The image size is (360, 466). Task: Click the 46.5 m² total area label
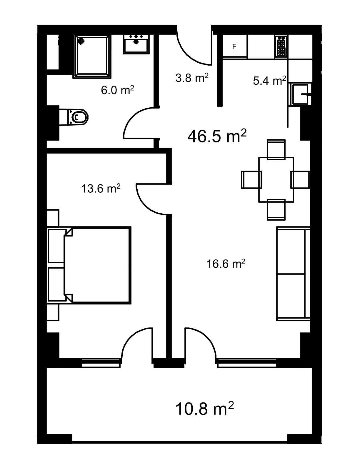coord(217,136)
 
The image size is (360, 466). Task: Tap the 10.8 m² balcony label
coord(204,408)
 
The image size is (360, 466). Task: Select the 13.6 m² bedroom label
coord(101,189)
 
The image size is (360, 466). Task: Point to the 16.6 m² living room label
coord(226,264)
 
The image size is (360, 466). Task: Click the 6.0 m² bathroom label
coord(117,90)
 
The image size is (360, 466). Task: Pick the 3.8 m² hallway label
coord(192,78)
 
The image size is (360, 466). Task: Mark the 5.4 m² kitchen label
coord(269,81)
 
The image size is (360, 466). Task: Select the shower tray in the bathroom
coord(92,56)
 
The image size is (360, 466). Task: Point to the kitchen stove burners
coord(281,46)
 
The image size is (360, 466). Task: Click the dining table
coord(276,179)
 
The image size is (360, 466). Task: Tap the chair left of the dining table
coord(251,180)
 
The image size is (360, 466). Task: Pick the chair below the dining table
coord(276,209)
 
